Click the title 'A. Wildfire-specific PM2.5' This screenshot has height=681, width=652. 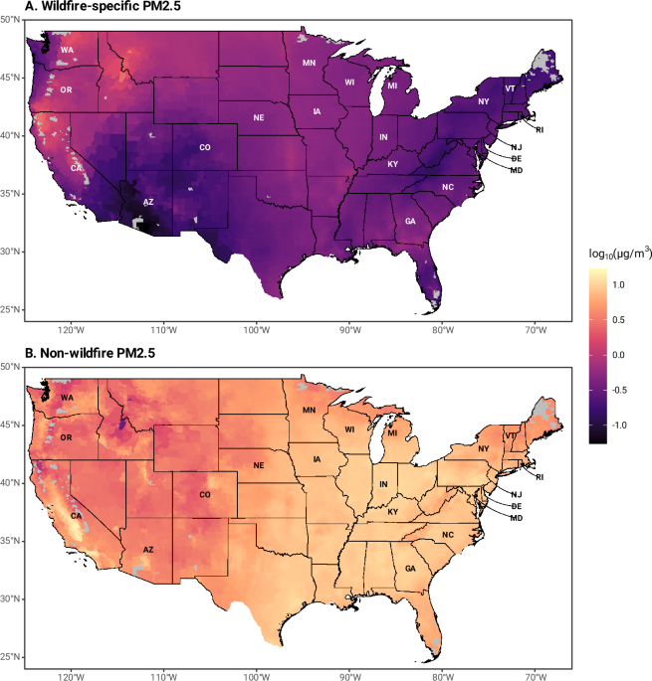tap(103, 6)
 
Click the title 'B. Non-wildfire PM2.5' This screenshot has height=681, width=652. tap(90, 353)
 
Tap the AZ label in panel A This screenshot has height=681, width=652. tap(148, 202)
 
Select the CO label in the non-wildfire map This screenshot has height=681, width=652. tap(205, 495)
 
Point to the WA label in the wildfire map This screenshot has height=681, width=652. tap(67, 50)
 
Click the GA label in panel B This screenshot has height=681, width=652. tap(410, 569)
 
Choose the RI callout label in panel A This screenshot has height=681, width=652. tap(540, 130)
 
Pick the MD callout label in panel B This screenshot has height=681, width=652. tap(517, 518)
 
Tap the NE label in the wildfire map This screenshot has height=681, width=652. tap(259, 117)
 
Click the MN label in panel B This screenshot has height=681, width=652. tap(310, 410)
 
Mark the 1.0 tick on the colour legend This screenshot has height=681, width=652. tap(618, 285)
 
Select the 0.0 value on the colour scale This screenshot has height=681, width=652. tap(618, 355)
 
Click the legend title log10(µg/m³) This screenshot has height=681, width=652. tap(621, 254)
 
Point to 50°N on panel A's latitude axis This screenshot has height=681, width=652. tap(10, 20)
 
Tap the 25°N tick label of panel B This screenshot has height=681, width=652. tap(10, 657)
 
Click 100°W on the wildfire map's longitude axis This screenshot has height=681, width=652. tap(257, 330)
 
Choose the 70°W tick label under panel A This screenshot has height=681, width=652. tap(536, 330)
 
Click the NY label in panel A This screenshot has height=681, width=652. tap(484, 101)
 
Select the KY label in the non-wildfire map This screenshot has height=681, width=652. tap(393, 512)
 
